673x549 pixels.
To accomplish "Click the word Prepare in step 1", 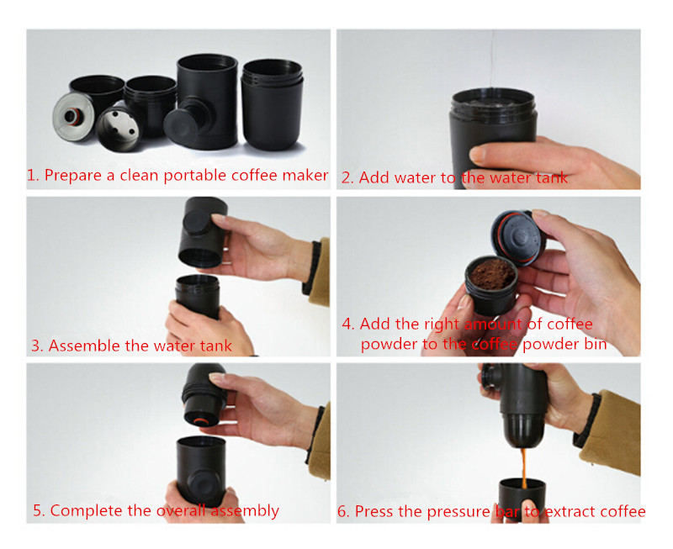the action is [73, 176].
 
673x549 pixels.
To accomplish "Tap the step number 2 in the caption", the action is [346, 177].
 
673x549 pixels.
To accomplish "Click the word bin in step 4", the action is [595, 344].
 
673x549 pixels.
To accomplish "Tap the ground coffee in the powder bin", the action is [492, 273].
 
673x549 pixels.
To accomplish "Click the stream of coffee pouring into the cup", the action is [523, 467].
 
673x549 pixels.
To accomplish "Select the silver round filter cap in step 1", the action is [72, 116].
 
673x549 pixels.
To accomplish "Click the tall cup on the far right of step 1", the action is [272, 104].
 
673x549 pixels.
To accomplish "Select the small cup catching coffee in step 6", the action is [522, 499].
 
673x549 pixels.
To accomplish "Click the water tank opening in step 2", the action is [494, 99].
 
